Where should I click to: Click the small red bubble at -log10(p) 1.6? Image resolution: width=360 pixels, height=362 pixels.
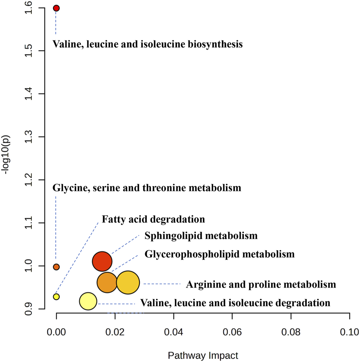click(x=56, y=8)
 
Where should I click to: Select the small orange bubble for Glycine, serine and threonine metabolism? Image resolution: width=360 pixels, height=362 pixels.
click(x=56, y=267)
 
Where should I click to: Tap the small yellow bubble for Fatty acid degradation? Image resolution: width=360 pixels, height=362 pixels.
click(x=56, y=297)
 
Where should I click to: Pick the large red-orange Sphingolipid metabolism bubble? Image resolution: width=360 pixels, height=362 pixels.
click(x=102, y=261)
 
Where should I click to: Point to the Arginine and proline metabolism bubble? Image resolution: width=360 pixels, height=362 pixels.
click(x=128, y=282)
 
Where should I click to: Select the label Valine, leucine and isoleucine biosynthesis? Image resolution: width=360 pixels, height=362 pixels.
click(x=147, y=44)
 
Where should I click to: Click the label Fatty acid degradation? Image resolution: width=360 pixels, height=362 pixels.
click(x=153, y=220)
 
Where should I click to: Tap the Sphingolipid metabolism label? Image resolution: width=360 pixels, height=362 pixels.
click(x=201, y=235)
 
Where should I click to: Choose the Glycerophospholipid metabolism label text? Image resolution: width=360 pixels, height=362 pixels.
click(x=219, y=254)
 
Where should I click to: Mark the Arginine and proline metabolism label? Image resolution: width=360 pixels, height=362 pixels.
click(x=261, y=285)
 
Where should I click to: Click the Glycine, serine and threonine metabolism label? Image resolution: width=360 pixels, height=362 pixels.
click(x=147, y=188)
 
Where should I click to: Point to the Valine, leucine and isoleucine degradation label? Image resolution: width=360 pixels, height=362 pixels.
click(x=235, y=303)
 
